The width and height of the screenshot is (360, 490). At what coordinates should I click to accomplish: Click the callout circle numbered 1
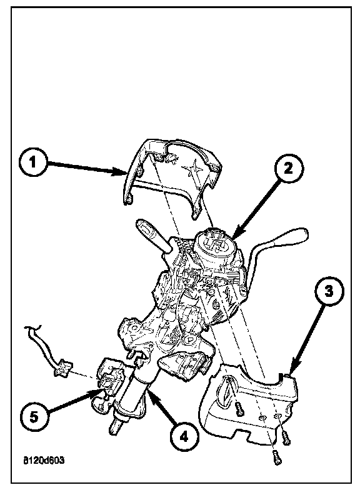32,163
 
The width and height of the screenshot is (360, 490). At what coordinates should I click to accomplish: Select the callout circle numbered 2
289,169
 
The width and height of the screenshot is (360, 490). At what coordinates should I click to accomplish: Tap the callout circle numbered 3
329,291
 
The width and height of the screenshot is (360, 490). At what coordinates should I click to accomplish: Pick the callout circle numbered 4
185,436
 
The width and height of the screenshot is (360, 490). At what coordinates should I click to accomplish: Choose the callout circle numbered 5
34,417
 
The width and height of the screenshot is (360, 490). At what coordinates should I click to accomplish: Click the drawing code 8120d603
44,460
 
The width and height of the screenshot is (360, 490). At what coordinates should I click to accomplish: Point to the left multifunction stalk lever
152,235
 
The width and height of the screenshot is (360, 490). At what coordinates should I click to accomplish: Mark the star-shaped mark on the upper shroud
191,169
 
